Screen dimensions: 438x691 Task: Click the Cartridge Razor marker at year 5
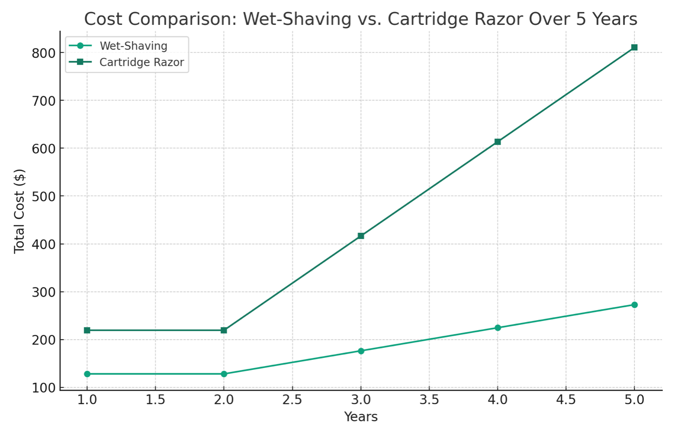pos(634,47)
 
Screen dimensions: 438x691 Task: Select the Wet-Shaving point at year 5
pos(634,305)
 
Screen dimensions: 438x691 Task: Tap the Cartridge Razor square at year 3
pos(361,236)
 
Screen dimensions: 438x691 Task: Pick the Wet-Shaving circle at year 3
pos(361,351)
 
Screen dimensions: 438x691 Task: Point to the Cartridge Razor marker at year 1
pos(87,330)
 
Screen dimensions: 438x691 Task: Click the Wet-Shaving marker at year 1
pos(87,374)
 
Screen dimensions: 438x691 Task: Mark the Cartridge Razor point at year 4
pos(497,142)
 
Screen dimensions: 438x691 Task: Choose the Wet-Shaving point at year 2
pos(224,374)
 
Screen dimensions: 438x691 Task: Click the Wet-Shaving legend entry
pos(133,46)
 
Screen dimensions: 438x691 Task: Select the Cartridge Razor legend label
pos(141,62)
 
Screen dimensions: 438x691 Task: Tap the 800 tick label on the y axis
pos(44,53)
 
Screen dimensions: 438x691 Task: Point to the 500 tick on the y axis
pos(44,196)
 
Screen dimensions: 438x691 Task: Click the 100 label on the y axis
pos(44,388)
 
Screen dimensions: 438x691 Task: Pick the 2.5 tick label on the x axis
pos(292,400)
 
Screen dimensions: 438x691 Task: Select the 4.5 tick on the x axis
pos(566,400)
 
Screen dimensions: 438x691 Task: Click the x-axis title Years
pos(361,417)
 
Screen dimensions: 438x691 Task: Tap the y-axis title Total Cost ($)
pos(19,211)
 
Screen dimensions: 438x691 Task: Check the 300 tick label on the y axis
pos(44,292)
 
